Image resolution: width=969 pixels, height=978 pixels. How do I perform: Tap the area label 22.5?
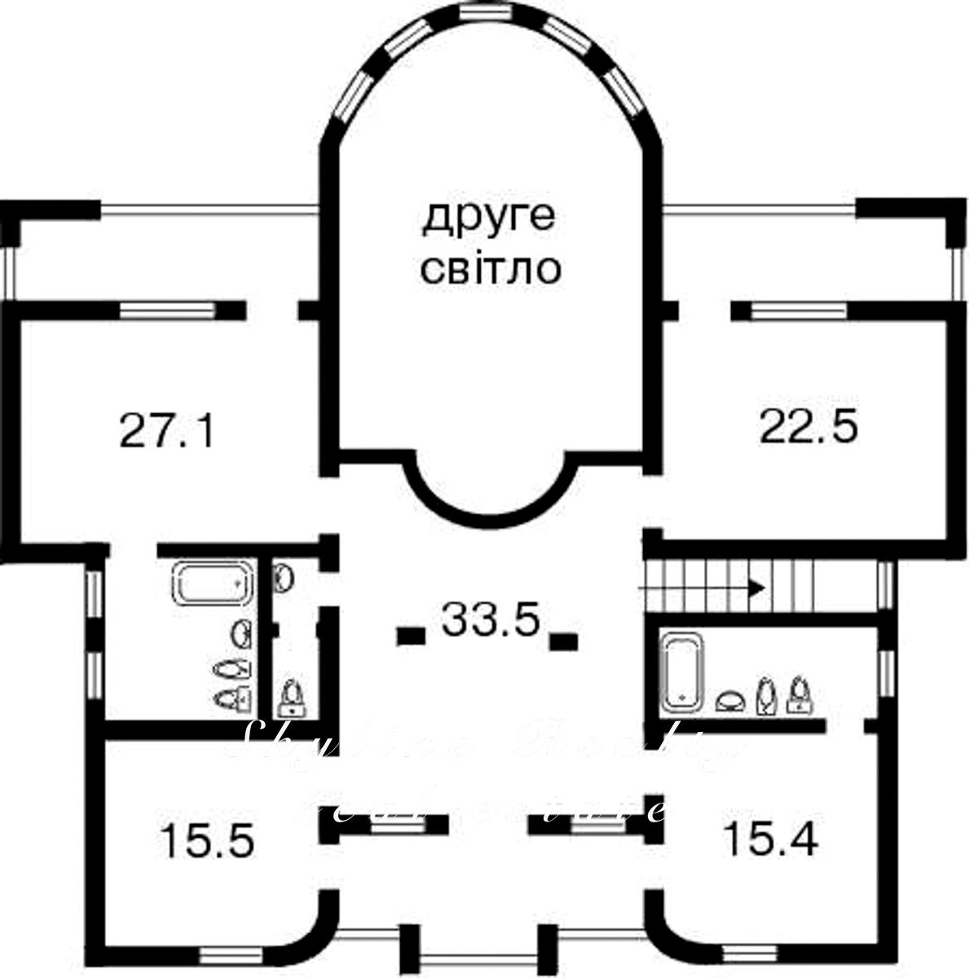(x=808, y=425)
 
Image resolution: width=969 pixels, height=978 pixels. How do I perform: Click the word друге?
(x=488, y=218)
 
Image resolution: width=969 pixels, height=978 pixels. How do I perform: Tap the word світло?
(x=490, y=269)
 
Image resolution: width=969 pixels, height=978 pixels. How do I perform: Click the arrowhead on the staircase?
(x=757, y=586)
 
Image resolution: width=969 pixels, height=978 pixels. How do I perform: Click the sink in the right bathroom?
(x=729, y=700)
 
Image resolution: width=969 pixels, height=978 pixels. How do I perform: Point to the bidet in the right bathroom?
(x=765, y=696)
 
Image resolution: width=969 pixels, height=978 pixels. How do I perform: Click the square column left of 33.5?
(x=410, y=636)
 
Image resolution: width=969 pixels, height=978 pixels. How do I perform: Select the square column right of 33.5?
(x=562, y=641)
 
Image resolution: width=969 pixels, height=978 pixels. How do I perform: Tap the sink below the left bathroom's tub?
(x=243, y=633)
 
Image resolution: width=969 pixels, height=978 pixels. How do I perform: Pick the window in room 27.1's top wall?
(x=168, y=310)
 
